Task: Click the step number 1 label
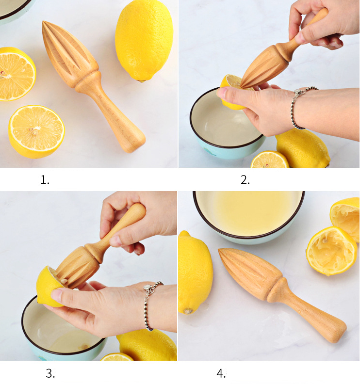45,180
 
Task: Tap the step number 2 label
245,180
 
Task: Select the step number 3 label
50,373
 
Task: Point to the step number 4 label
221,373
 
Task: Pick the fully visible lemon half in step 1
36,131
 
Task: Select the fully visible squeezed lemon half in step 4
331,250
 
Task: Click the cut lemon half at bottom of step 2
269,160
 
